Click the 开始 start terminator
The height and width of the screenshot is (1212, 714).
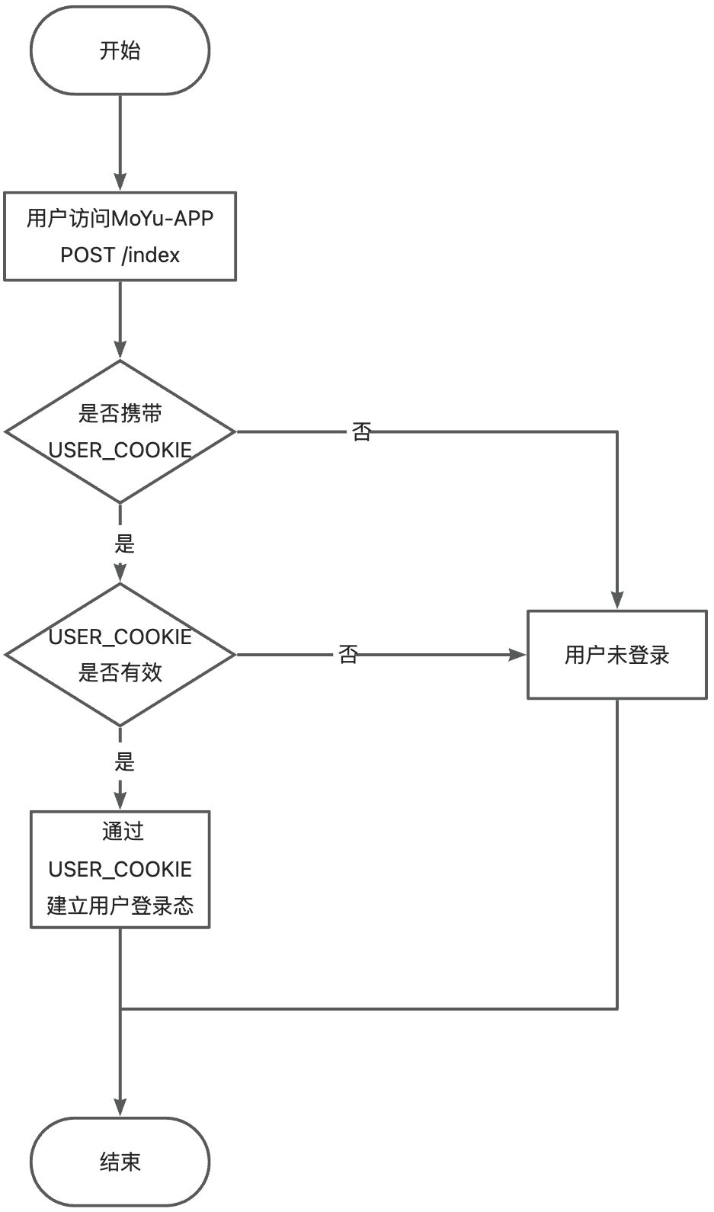point(120,51)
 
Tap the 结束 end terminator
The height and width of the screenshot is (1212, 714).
point(120,1162)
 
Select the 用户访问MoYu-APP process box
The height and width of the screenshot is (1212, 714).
point(120,236)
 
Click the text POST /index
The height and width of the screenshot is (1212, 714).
point(120,255)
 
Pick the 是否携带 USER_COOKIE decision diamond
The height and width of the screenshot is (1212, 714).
point(120,431)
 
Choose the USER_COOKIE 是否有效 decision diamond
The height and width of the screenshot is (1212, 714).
point(120,654)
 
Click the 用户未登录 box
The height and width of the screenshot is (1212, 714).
point(616,654)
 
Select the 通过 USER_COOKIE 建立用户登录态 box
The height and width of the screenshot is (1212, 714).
point(120,869)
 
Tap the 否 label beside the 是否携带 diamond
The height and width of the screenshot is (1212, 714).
point(361,432)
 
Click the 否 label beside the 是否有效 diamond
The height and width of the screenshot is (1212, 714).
point(348,654)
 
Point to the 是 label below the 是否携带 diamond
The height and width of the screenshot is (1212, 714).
point(124,543)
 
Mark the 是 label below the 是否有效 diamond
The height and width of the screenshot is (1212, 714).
point(124,762)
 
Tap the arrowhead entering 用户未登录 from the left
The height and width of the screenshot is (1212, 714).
point(517,654)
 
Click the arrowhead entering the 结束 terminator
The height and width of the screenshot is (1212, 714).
point(120,1107)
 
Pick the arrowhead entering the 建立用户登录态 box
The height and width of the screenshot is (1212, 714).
point(120,800)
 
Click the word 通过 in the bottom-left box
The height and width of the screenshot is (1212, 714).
point(123,832)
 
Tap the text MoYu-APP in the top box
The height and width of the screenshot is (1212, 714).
point(162,219)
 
